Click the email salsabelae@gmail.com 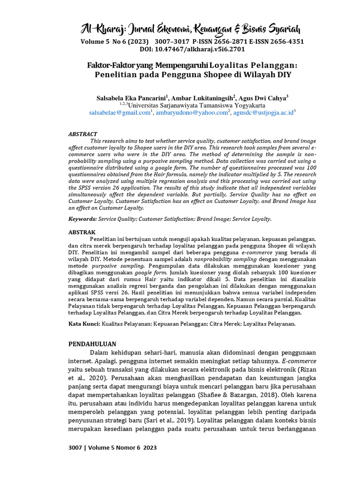point(120,113)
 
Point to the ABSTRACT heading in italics point(83,134)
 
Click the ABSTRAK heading point(82,232)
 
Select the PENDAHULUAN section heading point(92,344)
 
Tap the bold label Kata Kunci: point(84,323)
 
